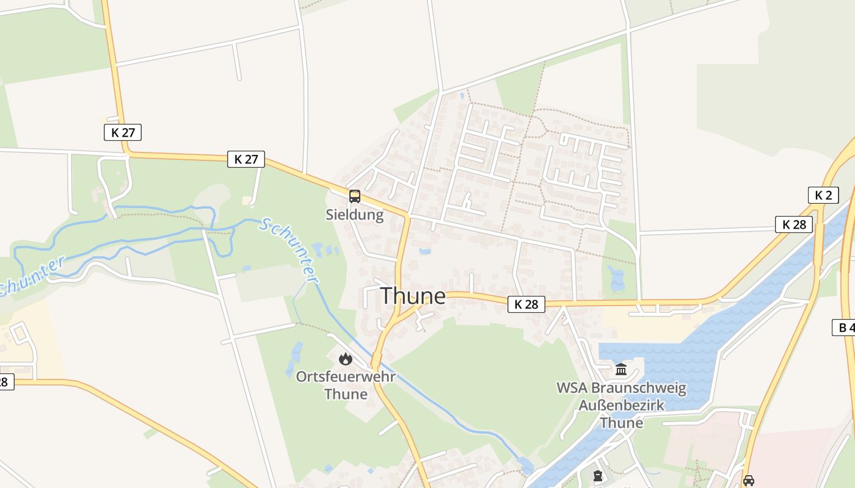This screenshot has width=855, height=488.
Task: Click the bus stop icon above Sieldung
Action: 354,196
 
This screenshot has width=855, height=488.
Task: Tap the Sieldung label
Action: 354,215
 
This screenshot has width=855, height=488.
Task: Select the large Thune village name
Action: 413,296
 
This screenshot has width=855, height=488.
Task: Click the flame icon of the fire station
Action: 346,359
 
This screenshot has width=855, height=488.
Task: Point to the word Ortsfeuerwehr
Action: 346,376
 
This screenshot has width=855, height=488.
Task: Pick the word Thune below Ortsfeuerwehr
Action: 346,394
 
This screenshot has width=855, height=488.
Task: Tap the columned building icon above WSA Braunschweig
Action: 621,370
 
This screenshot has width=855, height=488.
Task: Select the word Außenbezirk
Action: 621,406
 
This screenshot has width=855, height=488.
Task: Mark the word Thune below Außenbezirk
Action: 621,423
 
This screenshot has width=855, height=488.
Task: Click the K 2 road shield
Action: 823,195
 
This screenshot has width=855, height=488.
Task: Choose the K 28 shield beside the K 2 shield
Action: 794,224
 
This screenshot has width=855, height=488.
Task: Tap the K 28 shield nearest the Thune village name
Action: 526,304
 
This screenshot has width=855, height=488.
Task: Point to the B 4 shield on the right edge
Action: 845,328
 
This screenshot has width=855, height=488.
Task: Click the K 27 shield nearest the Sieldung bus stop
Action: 246,159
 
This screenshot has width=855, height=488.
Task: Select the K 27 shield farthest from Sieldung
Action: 123,132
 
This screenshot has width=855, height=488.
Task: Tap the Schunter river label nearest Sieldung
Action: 290,250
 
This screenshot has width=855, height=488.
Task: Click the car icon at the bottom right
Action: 749,480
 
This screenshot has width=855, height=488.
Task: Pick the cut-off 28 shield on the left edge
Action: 5,382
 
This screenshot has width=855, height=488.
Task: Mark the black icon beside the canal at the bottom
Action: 597,475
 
